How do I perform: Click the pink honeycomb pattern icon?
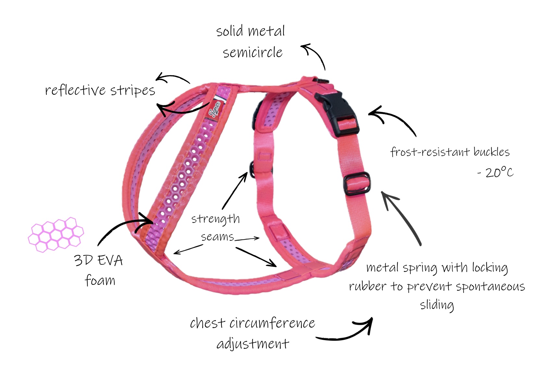tap(56, 234)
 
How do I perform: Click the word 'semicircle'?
tap(253, 52)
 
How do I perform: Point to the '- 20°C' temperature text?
tap(495, 172)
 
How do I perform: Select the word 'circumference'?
tap(272, 323)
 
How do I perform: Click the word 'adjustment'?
tap(253, 344)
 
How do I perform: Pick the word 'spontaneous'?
tap(491, 286)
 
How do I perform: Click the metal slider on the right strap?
tap(357, 184)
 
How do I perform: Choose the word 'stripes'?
tap(133, 90)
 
